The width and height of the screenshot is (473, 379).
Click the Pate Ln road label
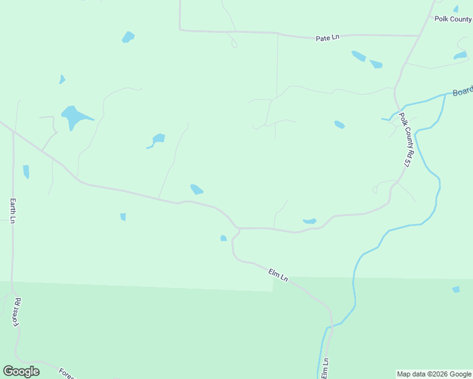click(328, 38)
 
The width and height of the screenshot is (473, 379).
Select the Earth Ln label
click(13, 210)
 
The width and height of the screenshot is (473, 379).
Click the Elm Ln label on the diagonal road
click(278, 275)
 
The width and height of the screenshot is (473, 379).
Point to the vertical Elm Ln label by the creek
click(325, 368)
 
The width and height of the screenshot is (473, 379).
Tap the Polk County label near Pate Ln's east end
click(453, 19)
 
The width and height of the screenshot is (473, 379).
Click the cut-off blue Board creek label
click(462, 92)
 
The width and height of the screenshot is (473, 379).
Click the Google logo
click(21, 371)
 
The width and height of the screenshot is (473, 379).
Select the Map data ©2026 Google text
click(433, 374)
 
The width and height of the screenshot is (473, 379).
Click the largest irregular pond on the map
click(75, 117)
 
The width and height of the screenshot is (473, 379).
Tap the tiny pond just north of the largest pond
click(62, 80)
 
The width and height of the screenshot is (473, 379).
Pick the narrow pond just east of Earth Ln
click(26, 171)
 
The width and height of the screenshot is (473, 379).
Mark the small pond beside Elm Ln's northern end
click(223, 238)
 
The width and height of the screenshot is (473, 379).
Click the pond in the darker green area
click(456, 289)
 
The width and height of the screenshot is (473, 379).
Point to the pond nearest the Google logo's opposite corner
click(460, 56)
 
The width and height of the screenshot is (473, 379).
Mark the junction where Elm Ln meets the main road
click(238, 228)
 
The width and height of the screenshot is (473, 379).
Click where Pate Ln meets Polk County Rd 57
click(418, 35)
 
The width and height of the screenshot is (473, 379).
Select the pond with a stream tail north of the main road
click(157, 139)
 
